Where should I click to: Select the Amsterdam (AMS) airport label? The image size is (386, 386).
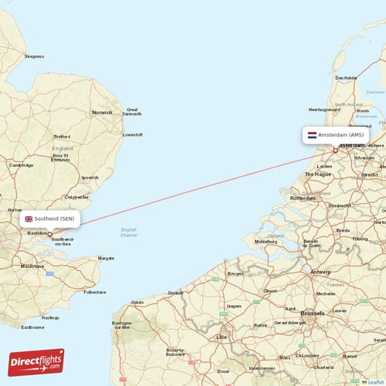pos(340,134)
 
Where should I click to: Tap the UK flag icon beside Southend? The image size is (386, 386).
pos(29,218)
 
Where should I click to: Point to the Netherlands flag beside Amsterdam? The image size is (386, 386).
pos(312,134)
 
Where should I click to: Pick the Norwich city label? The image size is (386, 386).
pos(102,113)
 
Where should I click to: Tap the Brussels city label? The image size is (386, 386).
pos(313,313)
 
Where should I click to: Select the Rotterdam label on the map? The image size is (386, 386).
pos(303,198)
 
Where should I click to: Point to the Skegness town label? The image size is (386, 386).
pos(35,56)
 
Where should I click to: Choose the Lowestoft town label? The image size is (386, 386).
pos(133,134)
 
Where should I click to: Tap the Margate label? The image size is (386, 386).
pos(106,258)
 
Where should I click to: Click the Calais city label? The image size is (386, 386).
pos(138,302)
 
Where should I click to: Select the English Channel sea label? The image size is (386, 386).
pos(129,232)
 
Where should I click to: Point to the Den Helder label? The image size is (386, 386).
pos(347,77)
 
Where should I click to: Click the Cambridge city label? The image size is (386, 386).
pos(22,164)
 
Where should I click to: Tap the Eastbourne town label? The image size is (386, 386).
pos(32,327)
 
